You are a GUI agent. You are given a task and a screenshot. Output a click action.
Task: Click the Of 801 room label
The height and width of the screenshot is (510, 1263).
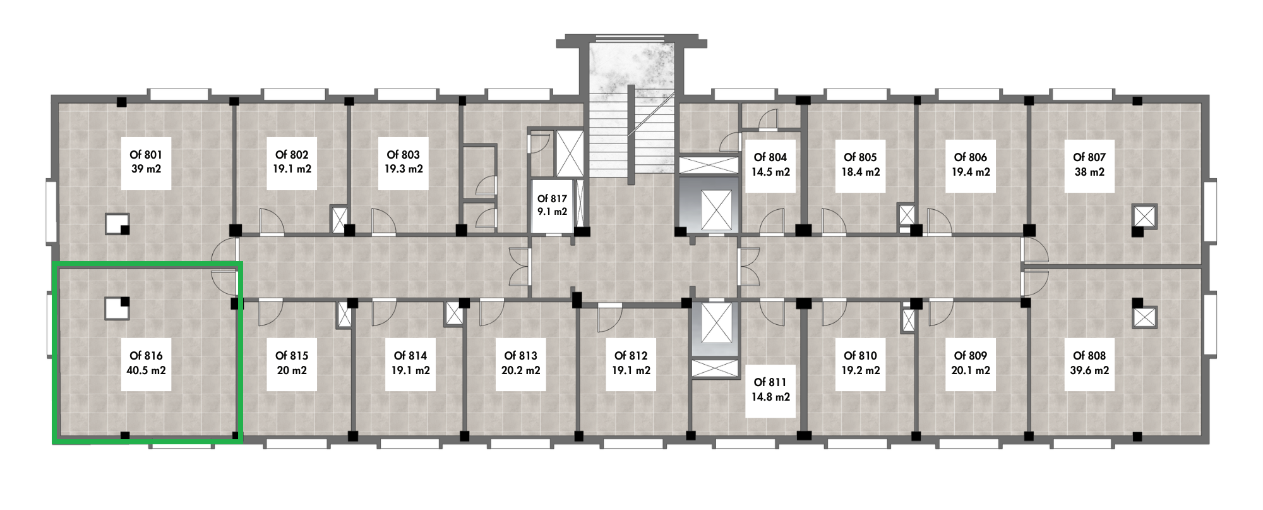pos(146,155)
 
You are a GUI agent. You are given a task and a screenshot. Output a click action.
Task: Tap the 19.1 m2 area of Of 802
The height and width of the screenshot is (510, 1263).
pos(292,169)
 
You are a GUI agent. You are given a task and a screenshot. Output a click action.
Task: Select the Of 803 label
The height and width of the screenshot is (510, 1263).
pos(403,155)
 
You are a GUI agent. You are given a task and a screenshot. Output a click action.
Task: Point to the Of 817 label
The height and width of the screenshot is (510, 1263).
pos(552,199)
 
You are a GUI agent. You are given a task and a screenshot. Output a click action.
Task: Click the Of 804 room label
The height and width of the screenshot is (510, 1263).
pos(770,157)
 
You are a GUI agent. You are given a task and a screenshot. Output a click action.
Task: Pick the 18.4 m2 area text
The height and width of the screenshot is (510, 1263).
pos(860,172)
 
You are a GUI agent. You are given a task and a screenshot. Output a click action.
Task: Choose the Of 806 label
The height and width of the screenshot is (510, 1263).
pos(971,157)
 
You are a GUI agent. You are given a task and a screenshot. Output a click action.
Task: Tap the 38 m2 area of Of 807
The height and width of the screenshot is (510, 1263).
pos(1089,172)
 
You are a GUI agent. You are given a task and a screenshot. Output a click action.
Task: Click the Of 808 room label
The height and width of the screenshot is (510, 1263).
pos(1089,356)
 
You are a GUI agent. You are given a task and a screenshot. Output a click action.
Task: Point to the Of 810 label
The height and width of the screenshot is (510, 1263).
pos(860,356)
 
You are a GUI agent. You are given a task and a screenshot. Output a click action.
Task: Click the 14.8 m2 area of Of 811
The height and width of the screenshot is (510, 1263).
pos(770,398)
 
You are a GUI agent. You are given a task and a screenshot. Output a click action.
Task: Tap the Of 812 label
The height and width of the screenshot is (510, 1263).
pos(631,356)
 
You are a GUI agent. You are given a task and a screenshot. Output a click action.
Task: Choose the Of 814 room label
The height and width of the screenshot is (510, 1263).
pos(410,356)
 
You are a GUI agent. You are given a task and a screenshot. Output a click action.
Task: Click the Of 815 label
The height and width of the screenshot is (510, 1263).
pos(292,356)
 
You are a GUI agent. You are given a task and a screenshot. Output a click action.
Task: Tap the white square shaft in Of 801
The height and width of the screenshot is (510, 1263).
pos(117,223)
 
